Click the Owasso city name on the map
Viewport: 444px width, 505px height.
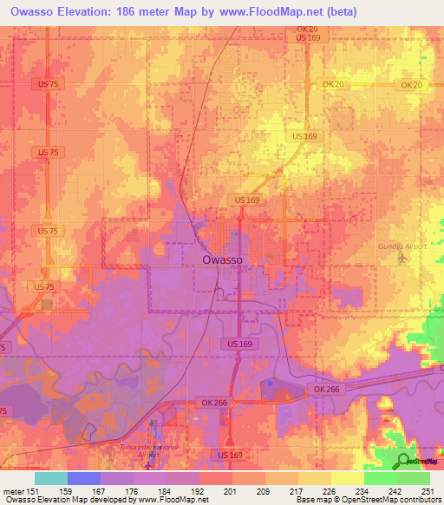(x=222, y=259)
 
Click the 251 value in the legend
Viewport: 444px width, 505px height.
(x=425, y=490)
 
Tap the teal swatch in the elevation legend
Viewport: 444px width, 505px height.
(x=51, y=478)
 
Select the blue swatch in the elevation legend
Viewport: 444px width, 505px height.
(x=84, y=478)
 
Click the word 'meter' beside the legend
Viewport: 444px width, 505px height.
(x=14, y=490)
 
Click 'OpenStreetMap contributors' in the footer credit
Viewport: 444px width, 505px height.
(x=390, y=500)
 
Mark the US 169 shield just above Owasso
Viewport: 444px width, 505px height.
(x=245, y=200)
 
